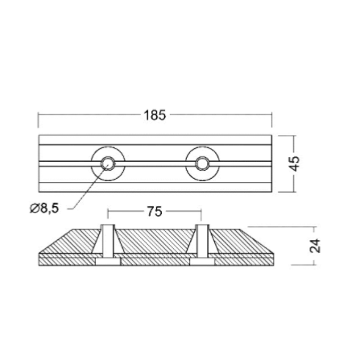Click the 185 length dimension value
point(155,115)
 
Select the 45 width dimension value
point(295,163)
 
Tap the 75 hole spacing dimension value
point(155,212)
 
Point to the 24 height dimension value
point(315,246)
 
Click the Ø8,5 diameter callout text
point(44,209)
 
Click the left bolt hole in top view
point(108,163)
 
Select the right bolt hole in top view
point(202,163)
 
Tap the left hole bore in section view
point(108,239)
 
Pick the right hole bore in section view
point(202,239)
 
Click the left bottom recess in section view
point(108,262)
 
